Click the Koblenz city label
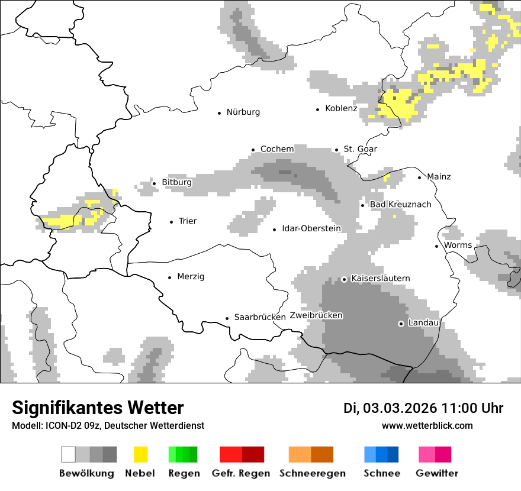coord(341,108)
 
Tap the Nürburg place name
coord(243,112)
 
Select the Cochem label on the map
coord(276,149)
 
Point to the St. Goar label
coord(360,149)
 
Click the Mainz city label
coord(438,176)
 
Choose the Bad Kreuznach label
coord(400,205)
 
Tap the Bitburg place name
coord(176,182)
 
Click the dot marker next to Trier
coord(172,222)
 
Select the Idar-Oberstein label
coord(311,228)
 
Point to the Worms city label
coord(458,245)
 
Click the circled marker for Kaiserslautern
coord(344,279)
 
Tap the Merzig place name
coord(191,276)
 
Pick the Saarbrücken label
coord(260,317)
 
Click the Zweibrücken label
coord(316,315)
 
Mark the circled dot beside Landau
coord(401,324)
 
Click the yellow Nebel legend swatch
coord(140,454)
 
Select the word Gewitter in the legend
coord(436,473)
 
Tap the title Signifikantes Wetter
coord(98,408)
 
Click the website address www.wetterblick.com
coord(427,425)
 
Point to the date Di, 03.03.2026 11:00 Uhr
coord(423,408)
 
